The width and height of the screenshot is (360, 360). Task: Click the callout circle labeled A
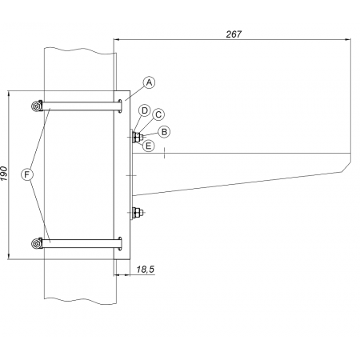pos(150,82)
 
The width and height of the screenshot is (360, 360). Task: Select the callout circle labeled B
pos(164,132)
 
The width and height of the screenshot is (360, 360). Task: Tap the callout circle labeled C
pos(158,114)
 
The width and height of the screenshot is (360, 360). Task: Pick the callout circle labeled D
pos(145,110)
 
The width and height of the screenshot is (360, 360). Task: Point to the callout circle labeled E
pos(149,146)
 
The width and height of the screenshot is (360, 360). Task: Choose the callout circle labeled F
pos(26,174)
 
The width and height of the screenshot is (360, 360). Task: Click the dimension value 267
pos(234,34)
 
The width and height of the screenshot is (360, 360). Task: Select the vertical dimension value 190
pos(4,174)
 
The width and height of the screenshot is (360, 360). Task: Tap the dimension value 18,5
pos(146,270)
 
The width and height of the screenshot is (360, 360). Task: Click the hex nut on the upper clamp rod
pos(37,106)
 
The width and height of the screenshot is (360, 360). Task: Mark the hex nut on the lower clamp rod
pos(37,243)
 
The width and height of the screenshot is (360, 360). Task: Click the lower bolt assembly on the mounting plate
pos(138,213)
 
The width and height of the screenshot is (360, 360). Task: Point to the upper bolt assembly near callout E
pos(138,138)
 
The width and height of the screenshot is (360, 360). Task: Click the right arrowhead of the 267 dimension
pos(348,40)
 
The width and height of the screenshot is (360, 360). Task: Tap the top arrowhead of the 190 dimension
pos(9,94)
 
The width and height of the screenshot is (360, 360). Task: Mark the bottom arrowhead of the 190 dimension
pos(9,256)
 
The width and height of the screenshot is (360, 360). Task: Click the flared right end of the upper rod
pos(120,106)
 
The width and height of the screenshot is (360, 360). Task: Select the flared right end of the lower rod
pos(120,244)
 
